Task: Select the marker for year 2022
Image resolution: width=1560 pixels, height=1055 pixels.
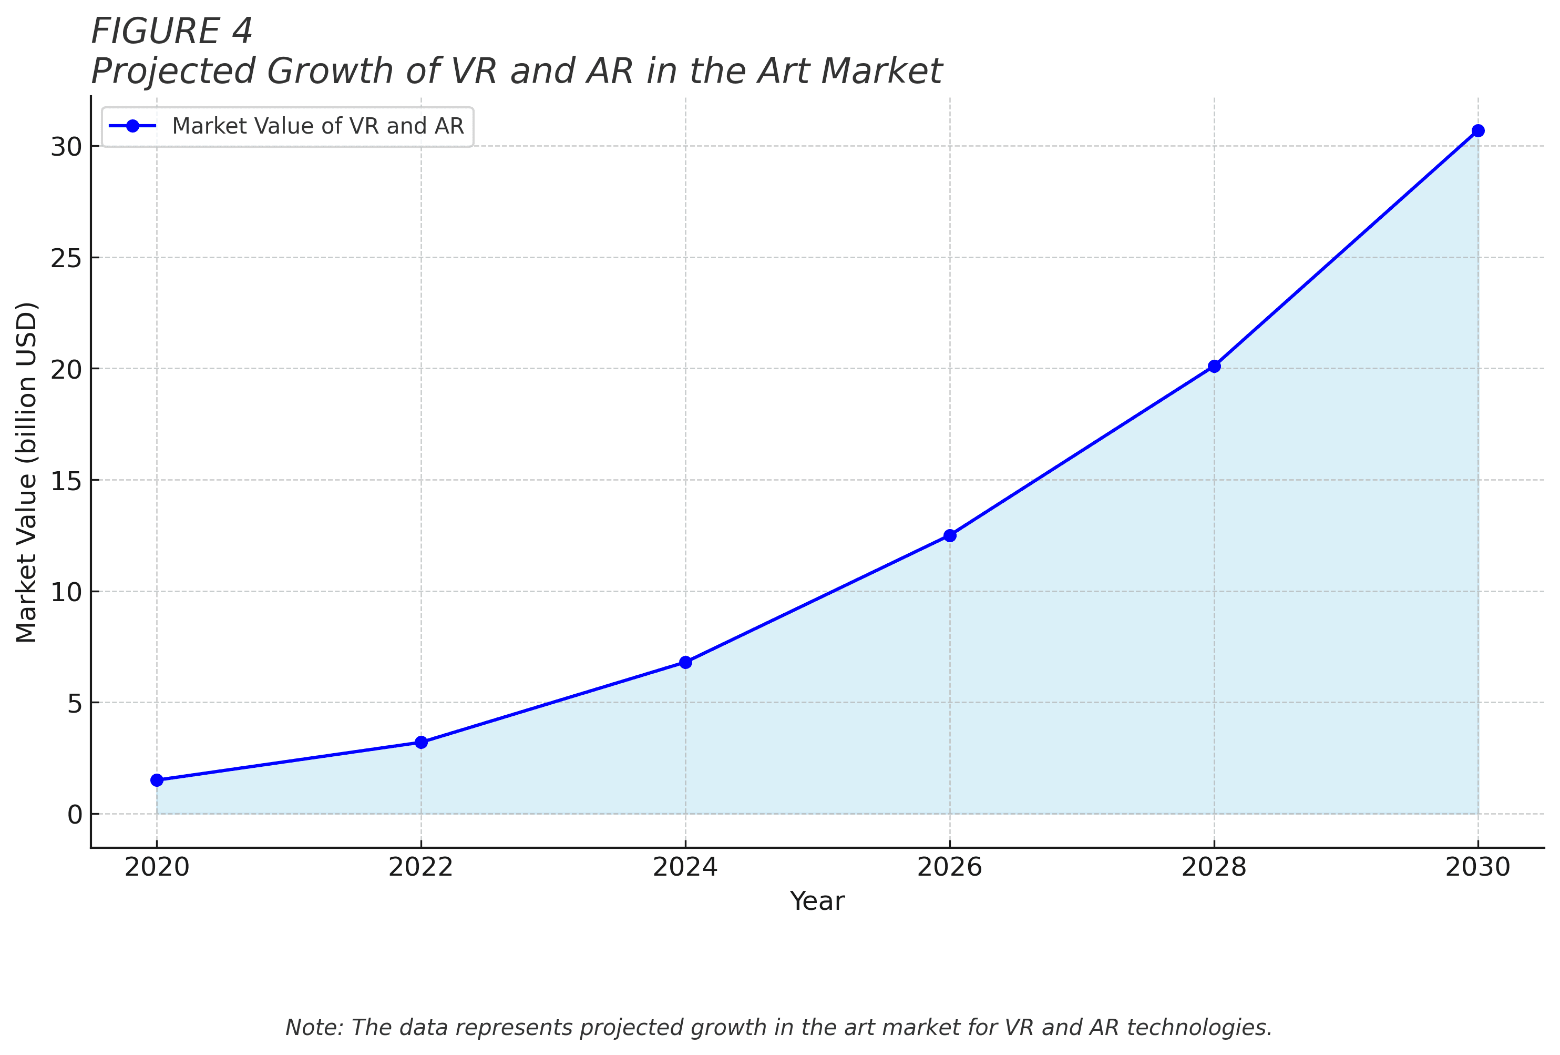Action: coord(421,742)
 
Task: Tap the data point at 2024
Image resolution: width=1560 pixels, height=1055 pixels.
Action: coord(685,662)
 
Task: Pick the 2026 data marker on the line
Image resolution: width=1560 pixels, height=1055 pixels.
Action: coord(950,535)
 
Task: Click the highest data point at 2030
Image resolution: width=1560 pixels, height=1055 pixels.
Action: coord(1478,130)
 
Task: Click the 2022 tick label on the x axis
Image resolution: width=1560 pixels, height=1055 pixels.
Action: coord(421,868)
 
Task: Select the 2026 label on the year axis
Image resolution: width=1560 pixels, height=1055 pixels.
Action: coord(950,868)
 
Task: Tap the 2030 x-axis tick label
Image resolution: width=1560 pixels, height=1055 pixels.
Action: coord(1478,868)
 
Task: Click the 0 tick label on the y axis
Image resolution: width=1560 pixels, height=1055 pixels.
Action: coord(75,815)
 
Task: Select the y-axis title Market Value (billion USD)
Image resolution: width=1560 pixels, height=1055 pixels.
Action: coord(27,473)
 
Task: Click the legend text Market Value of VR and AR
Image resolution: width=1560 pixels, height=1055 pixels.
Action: coord(317,126)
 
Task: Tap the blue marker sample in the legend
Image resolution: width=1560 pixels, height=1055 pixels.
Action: coord(132,126)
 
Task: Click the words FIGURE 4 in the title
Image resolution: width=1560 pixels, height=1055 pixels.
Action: coord(172,32)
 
